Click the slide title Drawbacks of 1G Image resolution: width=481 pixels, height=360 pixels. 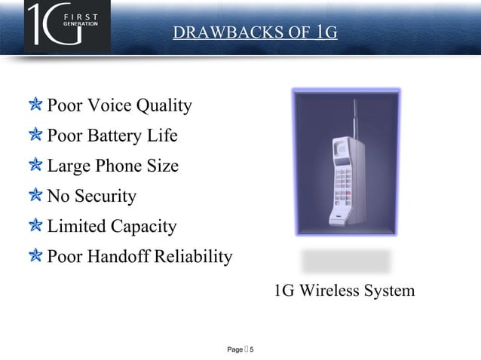click(254, 32)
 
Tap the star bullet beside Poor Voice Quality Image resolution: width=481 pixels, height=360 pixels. click(36, 105)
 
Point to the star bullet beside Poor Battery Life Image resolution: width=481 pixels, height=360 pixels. click(36, 136)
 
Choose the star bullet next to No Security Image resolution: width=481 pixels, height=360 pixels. click(36, 196)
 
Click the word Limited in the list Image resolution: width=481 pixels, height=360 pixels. click(76, 227)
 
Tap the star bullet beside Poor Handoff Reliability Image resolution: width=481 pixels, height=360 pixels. click(36, 256)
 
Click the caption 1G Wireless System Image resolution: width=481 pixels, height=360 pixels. click(344, 291)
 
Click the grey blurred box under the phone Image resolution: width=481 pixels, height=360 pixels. click(346, 261)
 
